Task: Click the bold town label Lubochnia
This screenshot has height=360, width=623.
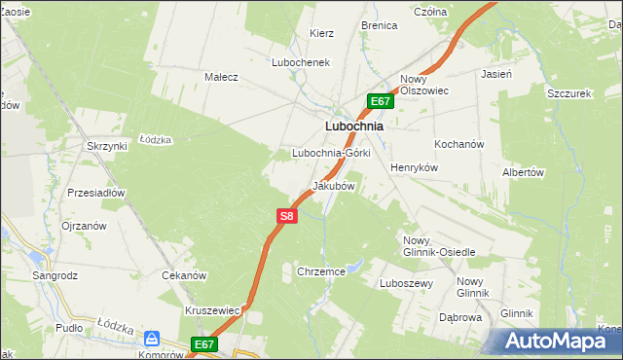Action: click(353, 126)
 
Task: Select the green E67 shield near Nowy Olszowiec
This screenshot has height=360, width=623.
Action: click(380, 101)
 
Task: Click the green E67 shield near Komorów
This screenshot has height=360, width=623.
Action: click(203, 344)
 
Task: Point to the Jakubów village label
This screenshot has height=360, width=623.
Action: click(333, 185)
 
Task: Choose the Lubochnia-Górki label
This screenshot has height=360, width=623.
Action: click(332, 154)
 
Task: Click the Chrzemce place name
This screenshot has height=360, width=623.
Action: click(322, 272)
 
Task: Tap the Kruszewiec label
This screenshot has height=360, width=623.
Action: click(212, 310)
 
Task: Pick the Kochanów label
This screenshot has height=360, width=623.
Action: click(459, 144)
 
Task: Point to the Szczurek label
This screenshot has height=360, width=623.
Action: click(570, 93)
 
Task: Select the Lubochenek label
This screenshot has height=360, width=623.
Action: click(302, 61)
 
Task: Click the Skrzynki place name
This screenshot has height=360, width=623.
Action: click(107, 146)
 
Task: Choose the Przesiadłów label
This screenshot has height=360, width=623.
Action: click(96, 193)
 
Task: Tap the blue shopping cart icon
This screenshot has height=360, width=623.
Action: click(152, 339)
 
